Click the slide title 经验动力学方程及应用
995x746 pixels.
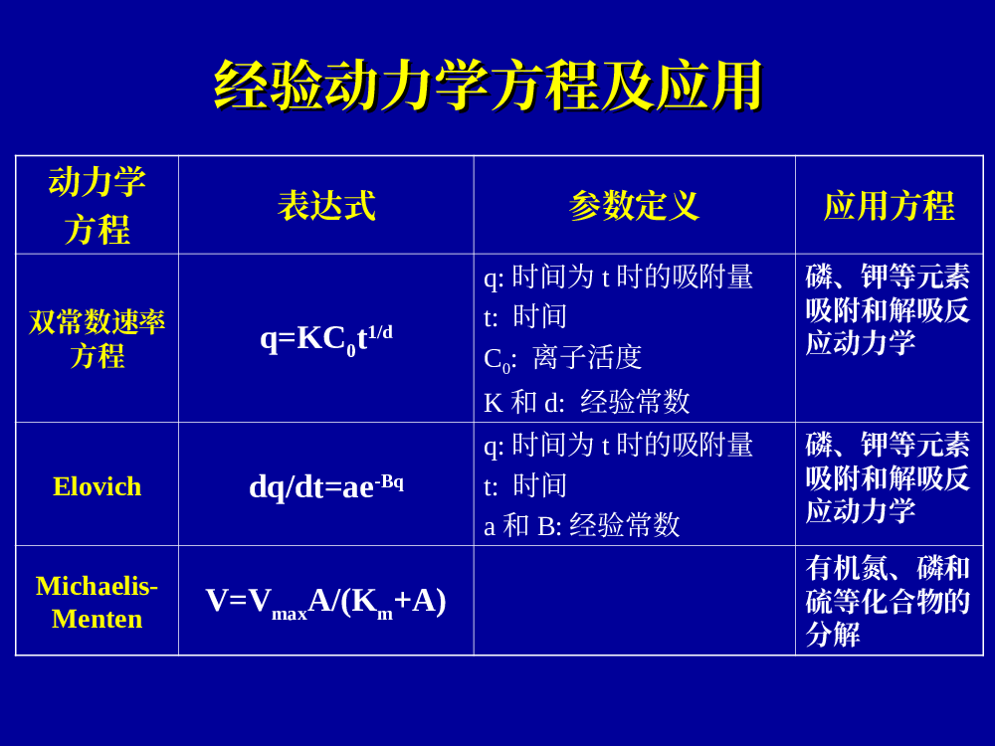pos(488,86)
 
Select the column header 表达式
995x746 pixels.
pos(326,206)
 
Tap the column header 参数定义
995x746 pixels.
pos(634,206)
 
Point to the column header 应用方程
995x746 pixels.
pos(889,206)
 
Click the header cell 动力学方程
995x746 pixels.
pos(98,206)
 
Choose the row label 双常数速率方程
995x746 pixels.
pos(98,339)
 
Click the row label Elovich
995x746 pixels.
pos(98,486)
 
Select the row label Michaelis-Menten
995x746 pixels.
pos(98,602)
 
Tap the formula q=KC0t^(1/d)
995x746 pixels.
pos(326,339)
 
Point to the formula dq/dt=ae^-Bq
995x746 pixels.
pos(326,486)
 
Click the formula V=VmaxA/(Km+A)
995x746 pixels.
pos(326,602)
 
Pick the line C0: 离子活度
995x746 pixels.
pos(563,359)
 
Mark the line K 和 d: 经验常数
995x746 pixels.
pos(587,402)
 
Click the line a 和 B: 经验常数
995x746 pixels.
pos(582,525)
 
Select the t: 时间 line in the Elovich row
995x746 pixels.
pos(525,486)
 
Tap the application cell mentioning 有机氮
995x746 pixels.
pos(888,601)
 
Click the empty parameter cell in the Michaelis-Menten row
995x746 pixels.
pos(635,600)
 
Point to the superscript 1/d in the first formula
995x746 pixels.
pos(380,332)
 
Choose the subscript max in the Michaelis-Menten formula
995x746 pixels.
pos(290,614)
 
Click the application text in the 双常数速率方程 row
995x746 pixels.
pos(888,309)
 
